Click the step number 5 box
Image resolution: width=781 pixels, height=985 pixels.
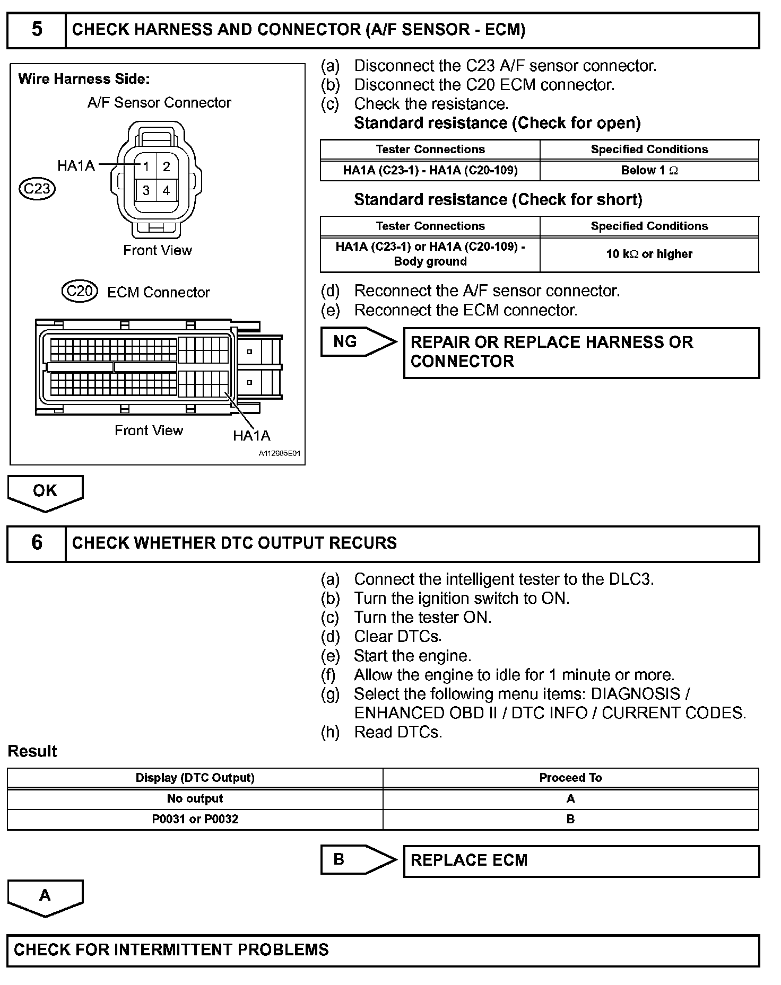(x=36, y=30)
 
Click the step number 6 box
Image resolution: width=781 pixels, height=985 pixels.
(x=36, y=543)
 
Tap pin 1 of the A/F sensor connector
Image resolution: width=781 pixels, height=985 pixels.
(x=146, y=167)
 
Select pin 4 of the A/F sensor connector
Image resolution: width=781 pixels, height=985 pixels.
(x=167, y=190)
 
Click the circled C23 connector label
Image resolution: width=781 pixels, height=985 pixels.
(x=37, y=189)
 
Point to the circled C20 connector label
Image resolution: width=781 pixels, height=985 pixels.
(x=80, y=291)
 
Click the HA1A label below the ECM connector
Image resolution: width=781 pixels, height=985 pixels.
(x=251, y=436)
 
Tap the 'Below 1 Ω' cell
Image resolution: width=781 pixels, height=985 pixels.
(x=649, y=171)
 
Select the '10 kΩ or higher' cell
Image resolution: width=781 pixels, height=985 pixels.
(x=649, y=254)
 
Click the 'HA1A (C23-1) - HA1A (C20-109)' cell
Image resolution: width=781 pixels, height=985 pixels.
(x=430, y=171)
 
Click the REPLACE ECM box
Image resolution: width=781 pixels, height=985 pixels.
(x=581, y=860)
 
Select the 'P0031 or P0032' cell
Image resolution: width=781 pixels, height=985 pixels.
(x=195, y=819)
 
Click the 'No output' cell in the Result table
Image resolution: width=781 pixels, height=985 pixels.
(x=195, y=798)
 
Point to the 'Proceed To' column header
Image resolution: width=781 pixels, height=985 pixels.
(x=570, y=778)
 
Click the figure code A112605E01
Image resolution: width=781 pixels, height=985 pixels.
(x=279, y=454)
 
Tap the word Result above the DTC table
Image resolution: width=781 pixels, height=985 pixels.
(x=32, y=751)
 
